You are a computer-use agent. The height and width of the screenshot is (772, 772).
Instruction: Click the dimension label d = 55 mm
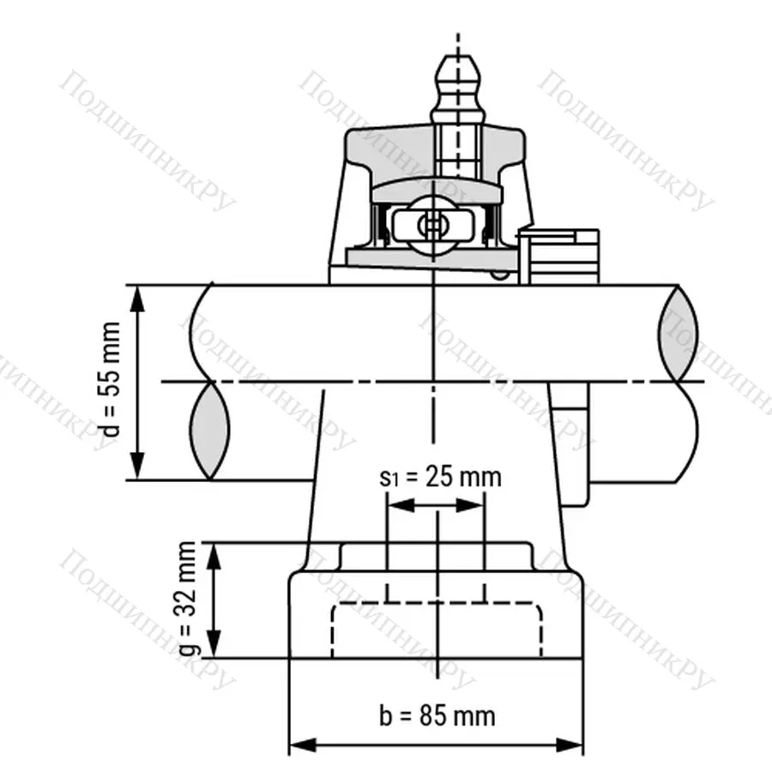pos(112,383)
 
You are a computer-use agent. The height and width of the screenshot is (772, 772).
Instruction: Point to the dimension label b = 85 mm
pos(437,715)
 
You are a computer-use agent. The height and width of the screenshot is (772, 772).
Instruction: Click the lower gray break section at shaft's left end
pos(210,431)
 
